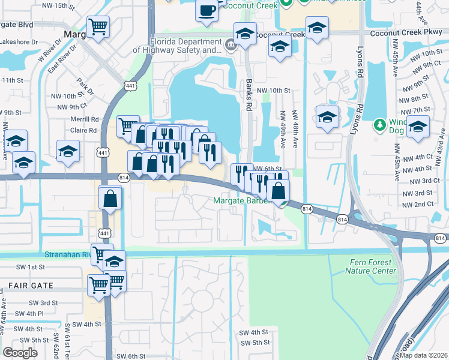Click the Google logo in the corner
click(x=20, y=353)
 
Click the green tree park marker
click(x=379, y=125)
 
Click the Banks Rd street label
click(x=249, y=95)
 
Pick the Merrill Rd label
click(x=83, y=120)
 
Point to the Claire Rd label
click(x=84, y=130)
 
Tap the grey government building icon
click(x=230, y=44)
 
